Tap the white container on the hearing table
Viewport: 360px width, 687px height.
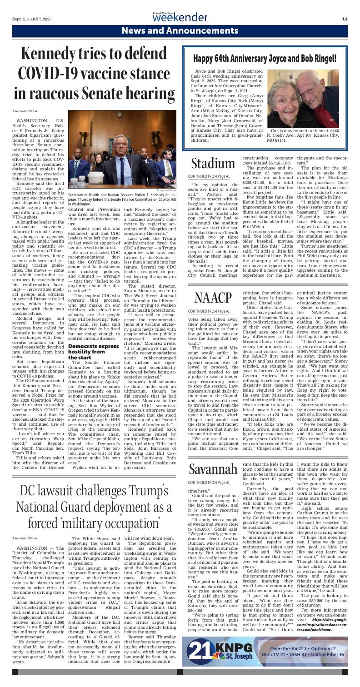[110, 168]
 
